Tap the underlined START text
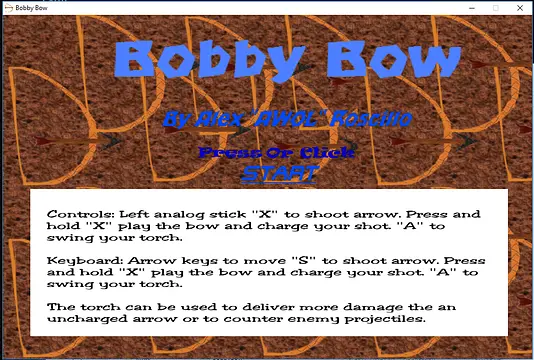(x=278, y=173)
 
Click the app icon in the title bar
(x=9, y=8)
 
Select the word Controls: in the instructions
(x=80, y=214)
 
